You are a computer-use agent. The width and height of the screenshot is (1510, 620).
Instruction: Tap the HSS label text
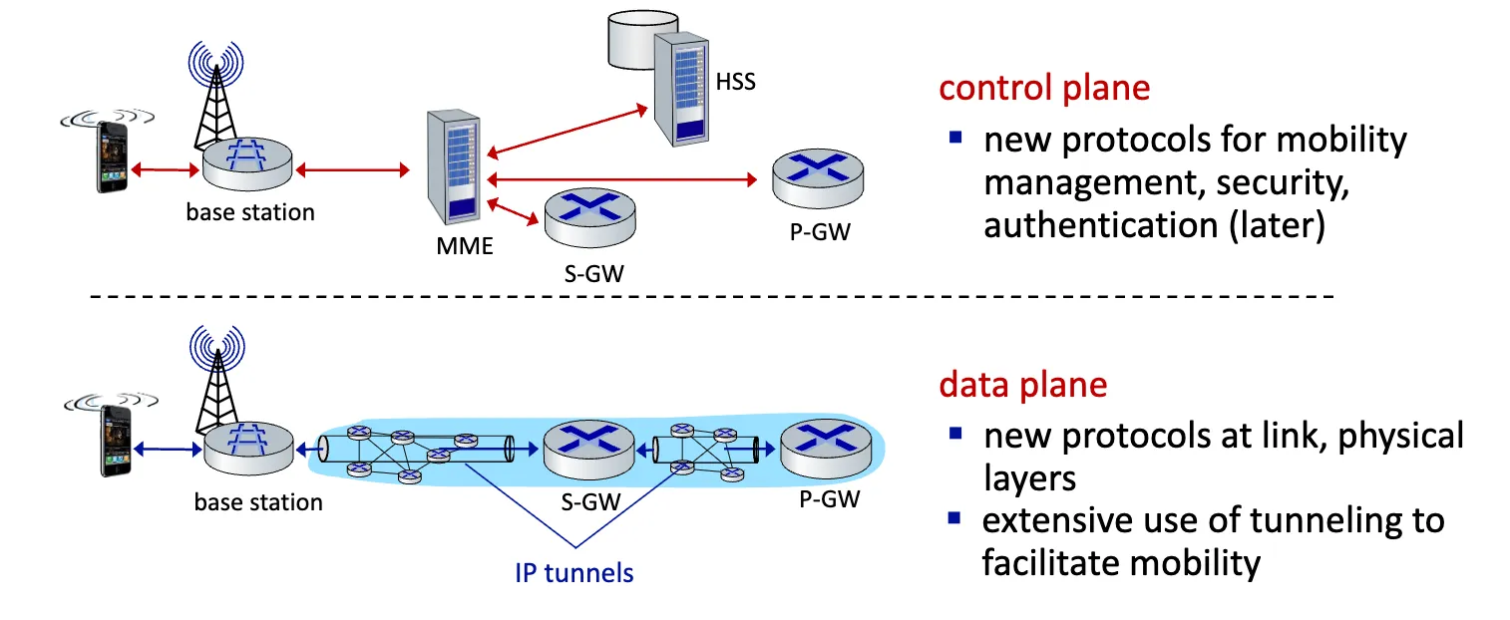click(736, 82)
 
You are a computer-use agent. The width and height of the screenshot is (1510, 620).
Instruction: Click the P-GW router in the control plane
click(818, 180)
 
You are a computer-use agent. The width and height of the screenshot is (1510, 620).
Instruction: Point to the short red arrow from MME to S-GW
click(512, 212)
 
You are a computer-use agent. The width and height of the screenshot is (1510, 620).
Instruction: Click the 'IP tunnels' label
click(574, 572)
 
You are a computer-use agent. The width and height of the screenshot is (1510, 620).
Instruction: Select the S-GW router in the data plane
click(588, 452)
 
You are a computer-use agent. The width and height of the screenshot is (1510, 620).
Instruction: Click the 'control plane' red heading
click(1044, 88)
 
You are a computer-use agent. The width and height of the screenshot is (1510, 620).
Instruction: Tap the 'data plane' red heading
click(1022, 386)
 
